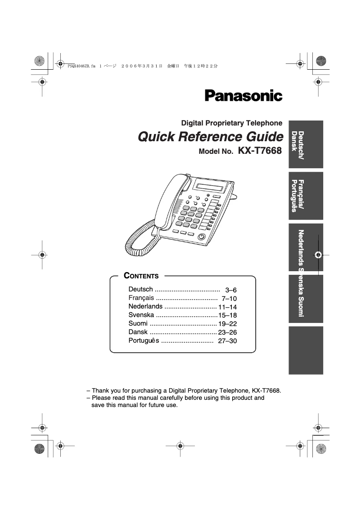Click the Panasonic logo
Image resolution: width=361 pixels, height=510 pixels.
pyautogui.click(x=244, y=96)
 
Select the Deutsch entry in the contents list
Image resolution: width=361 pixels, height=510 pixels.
pyautogui.click(x=140, y=289)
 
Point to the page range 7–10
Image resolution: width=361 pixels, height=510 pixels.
pyautogui.click(x=229, y=299)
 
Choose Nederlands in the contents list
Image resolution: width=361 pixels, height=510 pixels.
pyautogui.click(x=145, y=307)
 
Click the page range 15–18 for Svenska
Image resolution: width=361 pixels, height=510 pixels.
pyautogui.click(x=228, y=315)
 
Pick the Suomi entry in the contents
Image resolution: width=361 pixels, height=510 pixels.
pyautogui.click(x=138, y=324)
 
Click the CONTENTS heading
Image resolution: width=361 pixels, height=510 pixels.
pyautogui.click(x=141, y=276)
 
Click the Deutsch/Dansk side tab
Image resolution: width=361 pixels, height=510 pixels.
pyautogui.click(x=306, y=144)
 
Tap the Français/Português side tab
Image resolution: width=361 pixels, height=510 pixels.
pyautogui.click(x=306, y=196)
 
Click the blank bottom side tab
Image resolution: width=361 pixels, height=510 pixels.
pyautogui.click(x=306, y=350)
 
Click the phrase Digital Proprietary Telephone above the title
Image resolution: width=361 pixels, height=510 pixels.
pyautogui.click(x=231, y=123)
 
